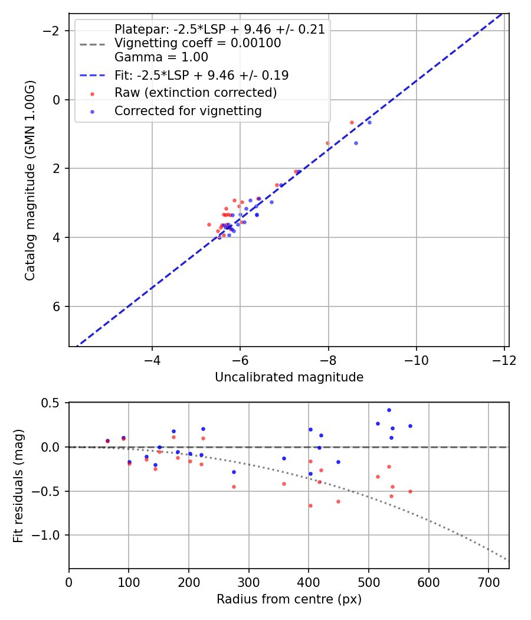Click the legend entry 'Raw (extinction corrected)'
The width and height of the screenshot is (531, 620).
(195, 93)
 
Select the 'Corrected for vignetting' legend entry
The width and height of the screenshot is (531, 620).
(188, 110)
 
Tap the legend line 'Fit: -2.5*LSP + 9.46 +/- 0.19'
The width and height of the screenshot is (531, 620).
(201, 76)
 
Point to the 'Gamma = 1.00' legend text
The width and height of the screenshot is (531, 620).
(161, 58)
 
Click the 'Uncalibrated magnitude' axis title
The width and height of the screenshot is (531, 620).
(289, 377)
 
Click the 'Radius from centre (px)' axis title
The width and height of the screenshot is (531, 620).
(289, 599)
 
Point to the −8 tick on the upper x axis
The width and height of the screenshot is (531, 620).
(328, 360)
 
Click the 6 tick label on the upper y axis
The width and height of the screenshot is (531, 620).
(57, 306)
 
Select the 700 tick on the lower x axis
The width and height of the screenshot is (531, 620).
(489, 582)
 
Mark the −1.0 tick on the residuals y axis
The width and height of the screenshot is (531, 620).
(50, 535)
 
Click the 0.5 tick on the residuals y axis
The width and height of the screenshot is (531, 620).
(54, 403)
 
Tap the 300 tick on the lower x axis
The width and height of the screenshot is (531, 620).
(248, 582)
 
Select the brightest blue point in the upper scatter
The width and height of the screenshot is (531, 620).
(369, 122)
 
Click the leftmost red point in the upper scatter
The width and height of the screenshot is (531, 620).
(209, 224)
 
